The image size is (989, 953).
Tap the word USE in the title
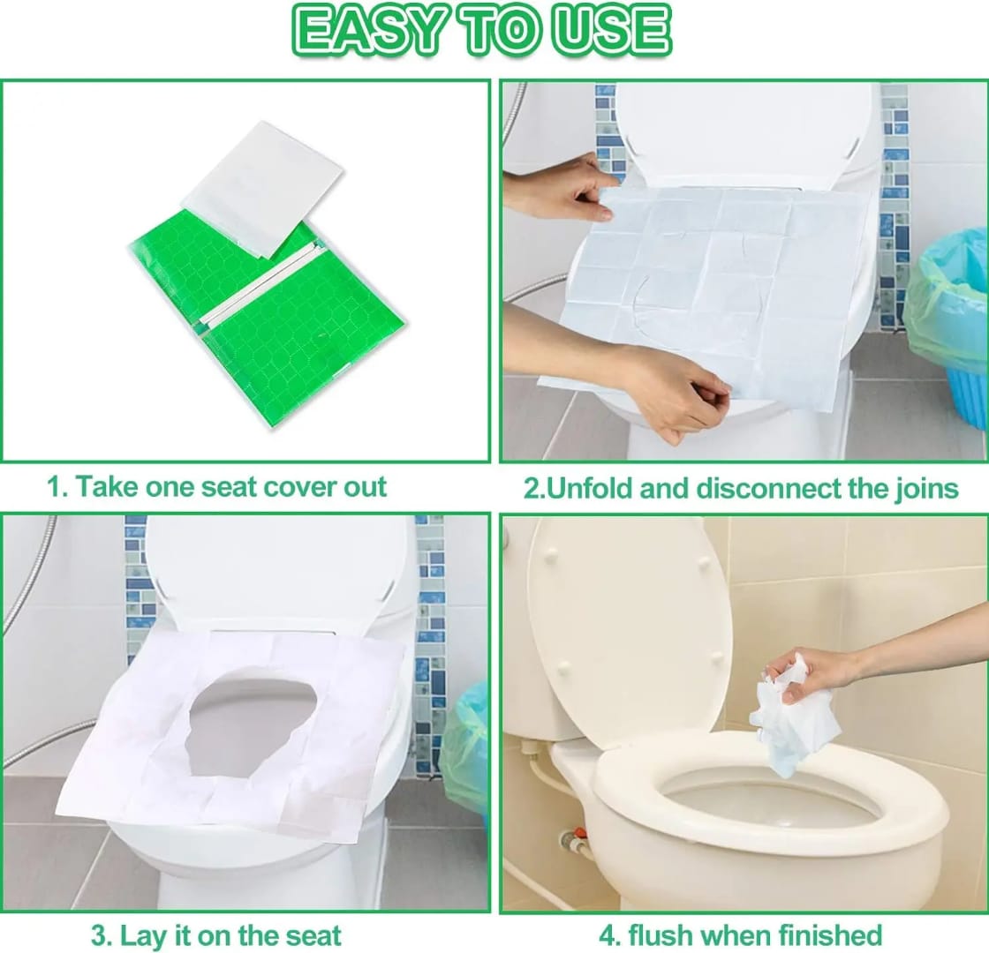pyautogui.click(x=613, y=31)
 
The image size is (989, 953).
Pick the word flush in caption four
pyautogui.click(x=667, y=934)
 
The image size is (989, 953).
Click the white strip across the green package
pyautogui.click(x=252, y=282)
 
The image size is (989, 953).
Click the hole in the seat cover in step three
pyautogui.click(x=252, y=724)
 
